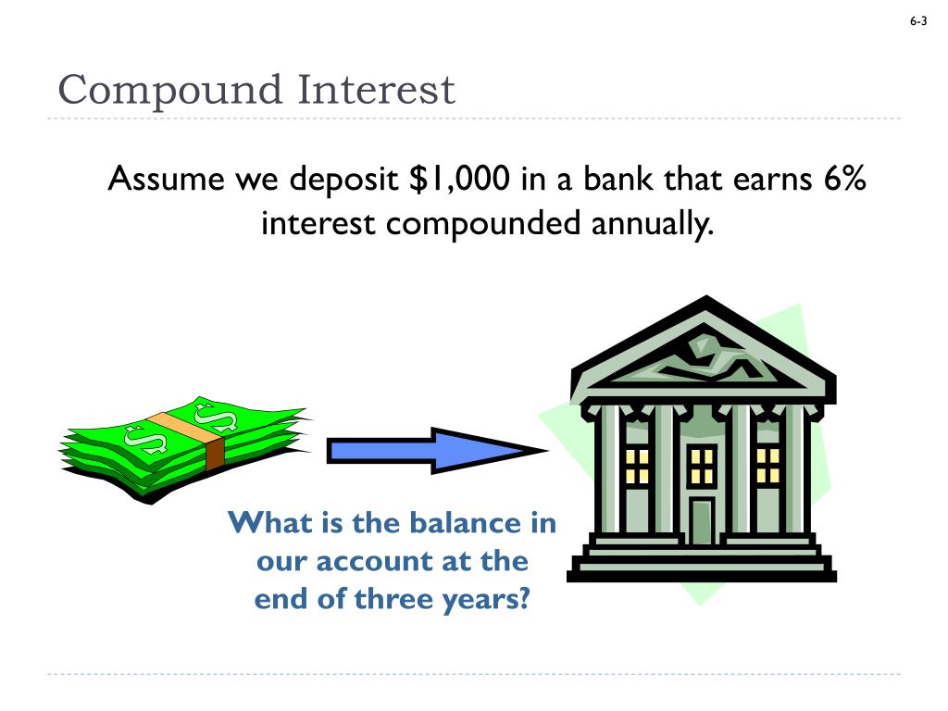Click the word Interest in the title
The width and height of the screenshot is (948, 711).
pyautogui.click(x=377, y=91)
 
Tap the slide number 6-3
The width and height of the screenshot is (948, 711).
pyautogui.click(x=918, y=21)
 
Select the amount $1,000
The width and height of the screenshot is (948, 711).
pyautogui.click(x=459, y=179)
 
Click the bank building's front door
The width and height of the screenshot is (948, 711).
pyautogui.click(x=703, y=520)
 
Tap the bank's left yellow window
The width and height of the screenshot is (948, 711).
pyautogui.click(x=637, y=465)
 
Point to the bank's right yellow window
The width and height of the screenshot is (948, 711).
pyautogui.click(x=768, y=465)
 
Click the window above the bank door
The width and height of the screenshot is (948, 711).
pyautogui.click(x=703, y=465)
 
